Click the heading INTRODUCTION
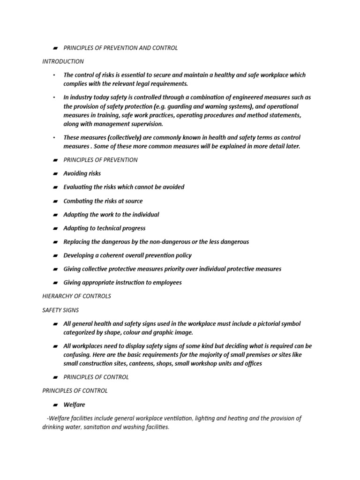coord(63,61)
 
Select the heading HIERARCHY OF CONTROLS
coord(77,296)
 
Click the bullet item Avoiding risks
coord(82,173)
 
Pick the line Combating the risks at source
coord(103,201)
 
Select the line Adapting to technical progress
coord(104,228)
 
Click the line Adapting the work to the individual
coord(111,215)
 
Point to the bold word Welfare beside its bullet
coord(74,405)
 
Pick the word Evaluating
coord(78,187)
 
